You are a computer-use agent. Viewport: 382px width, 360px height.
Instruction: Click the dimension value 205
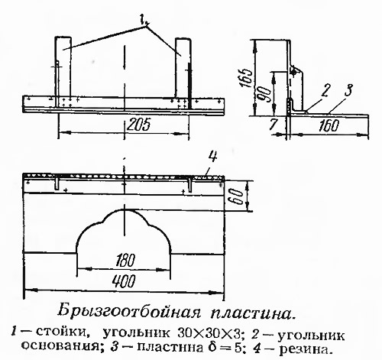[x=138, y=125]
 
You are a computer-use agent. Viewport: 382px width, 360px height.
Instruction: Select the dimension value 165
[x=246, y=78]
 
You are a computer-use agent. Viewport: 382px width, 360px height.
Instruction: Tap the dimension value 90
[x=264, y=94]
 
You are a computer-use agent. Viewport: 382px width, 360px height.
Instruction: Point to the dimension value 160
[x=329, y=126]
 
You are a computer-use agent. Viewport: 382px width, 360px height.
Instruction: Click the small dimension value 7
[x=273, y=125]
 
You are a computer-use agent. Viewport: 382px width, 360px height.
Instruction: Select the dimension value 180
[x=125, y=261]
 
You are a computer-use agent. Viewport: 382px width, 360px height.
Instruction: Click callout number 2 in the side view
[x=325, y=91]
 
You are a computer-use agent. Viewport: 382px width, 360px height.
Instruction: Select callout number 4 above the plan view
[x=212, y=157]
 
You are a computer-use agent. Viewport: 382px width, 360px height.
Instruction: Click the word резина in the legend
[x=306, y=349]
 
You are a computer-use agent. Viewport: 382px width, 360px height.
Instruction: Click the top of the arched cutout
[x=125, y=209]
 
